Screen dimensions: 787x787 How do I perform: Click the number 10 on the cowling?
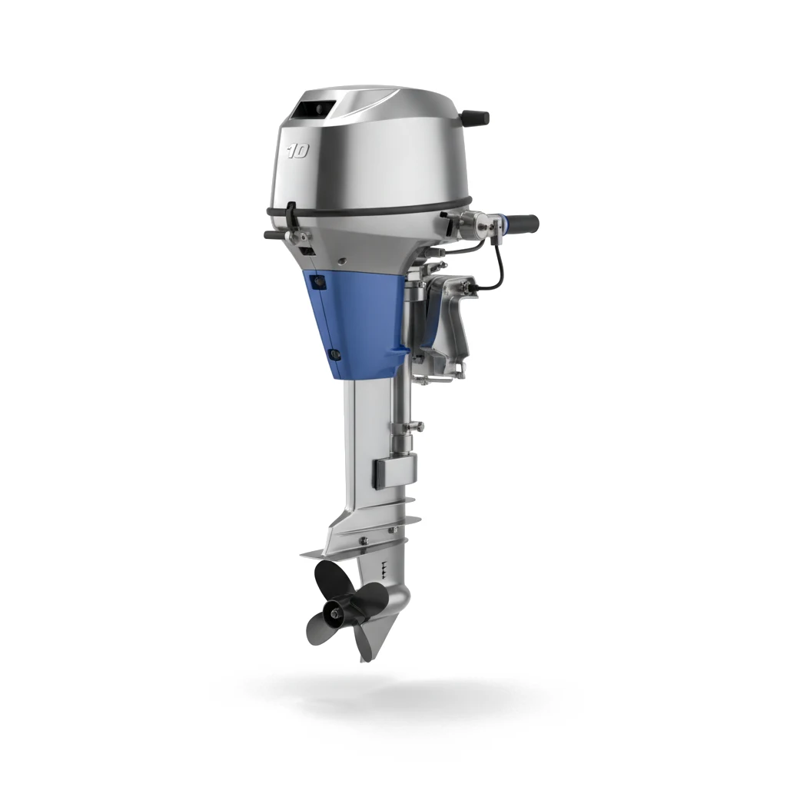(x=299, y=151)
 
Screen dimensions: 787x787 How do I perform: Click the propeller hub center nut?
(x=334, y=613)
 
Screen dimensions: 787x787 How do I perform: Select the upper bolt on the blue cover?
(x=317, y=283)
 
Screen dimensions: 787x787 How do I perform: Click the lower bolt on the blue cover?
(x=334, y=354)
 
